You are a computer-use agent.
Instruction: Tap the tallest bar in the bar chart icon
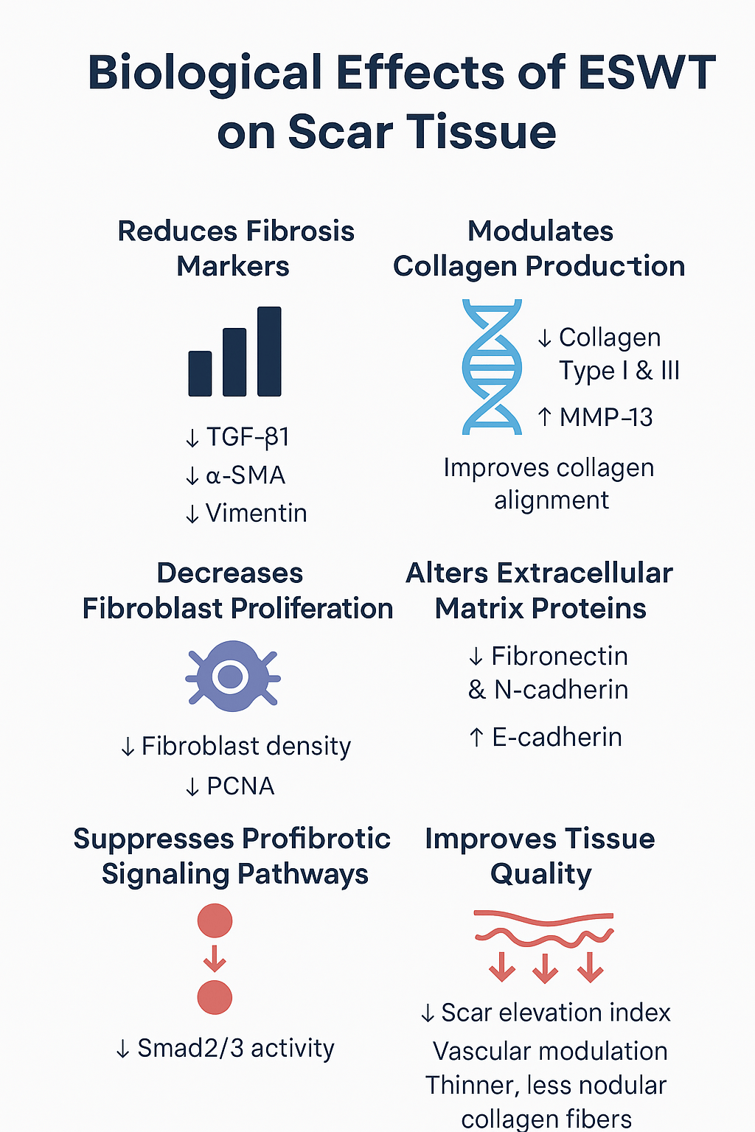(269, 352)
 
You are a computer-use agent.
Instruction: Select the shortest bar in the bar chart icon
(201, 374)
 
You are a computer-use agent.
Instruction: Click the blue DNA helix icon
(492, 367)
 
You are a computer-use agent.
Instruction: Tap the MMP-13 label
(606, 417)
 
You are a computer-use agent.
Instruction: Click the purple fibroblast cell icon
(233, 676)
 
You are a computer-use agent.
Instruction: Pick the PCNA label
(240, 786)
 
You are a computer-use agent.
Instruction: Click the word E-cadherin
(557, 737)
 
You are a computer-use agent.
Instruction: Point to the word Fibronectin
(560, 657)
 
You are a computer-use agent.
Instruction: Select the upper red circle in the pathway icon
(215, 920)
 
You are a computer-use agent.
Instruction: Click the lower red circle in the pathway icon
(215, 998)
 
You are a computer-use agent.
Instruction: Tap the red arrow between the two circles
(215, 959)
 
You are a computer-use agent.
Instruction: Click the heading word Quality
(541, 875)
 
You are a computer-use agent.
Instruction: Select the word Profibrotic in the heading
(316, 839)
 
